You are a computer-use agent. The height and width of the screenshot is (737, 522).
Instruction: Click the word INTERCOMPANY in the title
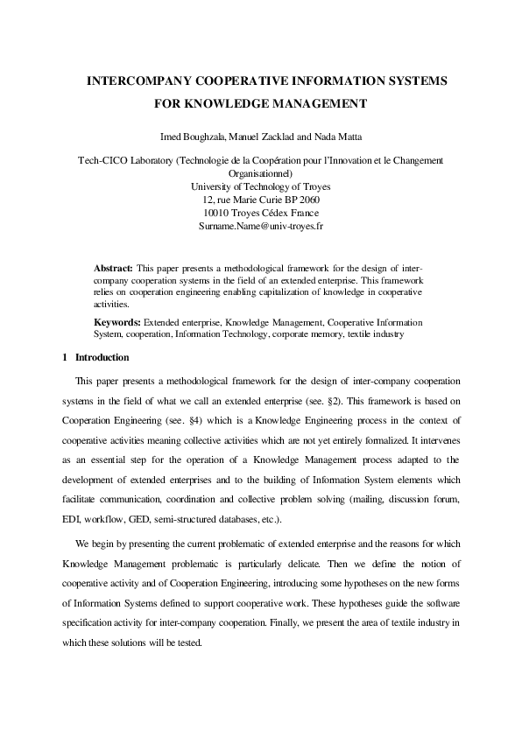click(x=139, y=81)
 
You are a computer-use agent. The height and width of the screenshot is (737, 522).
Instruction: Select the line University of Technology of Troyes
click(x=261, y=186)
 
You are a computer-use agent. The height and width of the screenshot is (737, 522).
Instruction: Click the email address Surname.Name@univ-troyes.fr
click(x=261, y=226)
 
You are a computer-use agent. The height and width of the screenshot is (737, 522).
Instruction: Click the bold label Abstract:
click(x=114, y=267)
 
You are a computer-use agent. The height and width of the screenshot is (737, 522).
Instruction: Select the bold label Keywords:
click(x=117, y=322)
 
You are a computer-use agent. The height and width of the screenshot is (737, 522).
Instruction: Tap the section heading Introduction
click(x=102, y=358)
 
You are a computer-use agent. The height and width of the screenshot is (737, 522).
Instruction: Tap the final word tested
click(x=187, y=642)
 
